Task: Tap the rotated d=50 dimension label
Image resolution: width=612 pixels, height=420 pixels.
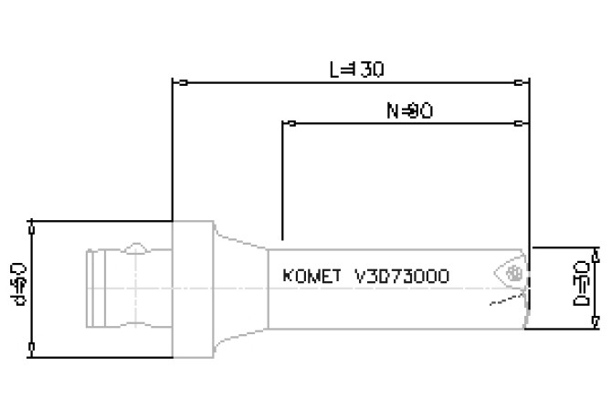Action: pyautogui.click(x=22, y=285)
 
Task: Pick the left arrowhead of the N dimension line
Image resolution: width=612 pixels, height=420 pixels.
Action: pyautogui.click(x=290, y=121)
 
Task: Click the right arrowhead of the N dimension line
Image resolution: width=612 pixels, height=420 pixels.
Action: pyautogui.click(x=523, y=121)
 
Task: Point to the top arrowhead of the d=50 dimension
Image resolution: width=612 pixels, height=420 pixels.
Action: pyautogui.click(x=33, y=226)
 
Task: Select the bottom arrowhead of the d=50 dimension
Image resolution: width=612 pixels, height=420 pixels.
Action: pyautogui.click(x=33, y=348)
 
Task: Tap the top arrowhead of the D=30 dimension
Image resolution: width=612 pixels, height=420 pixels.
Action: pyautogui.click(x=596, y=253)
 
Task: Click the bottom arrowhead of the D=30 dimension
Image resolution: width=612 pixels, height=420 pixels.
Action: pyautogui.click(x=596, y=318)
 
